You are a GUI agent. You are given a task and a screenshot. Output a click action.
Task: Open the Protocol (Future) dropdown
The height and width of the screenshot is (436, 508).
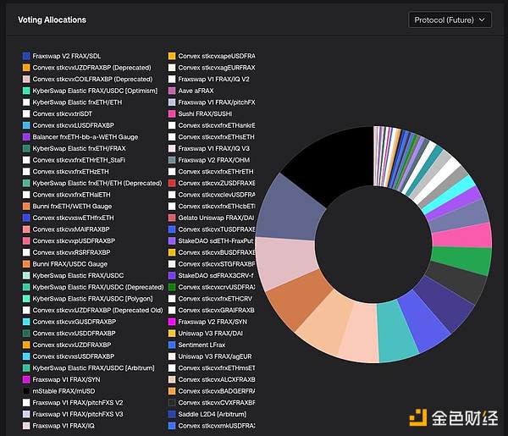(450, 19)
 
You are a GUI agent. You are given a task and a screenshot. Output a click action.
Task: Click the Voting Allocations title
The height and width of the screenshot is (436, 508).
(52, 19)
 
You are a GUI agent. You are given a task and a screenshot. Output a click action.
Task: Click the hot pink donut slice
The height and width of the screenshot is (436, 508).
(478, 235)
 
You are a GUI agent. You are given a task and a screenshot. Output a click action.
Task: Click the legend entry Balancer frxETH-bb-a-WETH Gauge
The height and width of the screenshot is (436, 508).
(84, 136)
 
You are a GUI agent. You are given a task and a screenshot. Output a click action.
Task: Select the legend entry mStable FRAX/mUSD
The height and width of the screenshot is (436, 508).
(63, 391)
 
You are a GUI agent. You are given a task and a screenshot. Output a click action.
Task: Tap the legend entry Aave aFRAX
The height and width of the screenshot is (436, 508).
(196, 91)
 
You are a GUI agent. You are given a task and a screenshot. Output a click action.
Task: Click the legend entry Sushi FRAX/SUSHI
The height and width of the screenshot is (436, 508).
(206, 113)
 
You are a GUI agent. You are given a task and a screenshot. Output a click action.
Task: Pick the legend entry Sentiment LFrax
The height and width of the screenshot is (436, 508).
(202, 345)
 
